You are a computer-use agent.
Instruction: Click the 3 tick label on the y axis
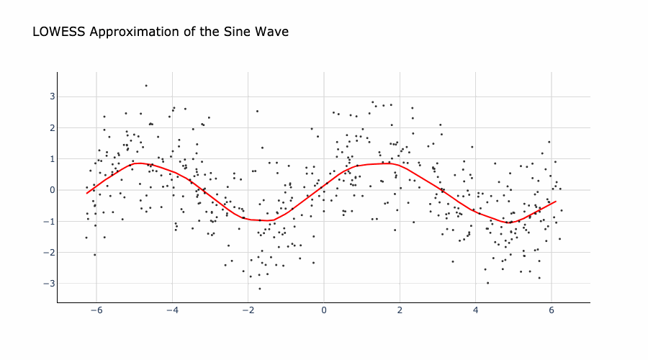[52, 96]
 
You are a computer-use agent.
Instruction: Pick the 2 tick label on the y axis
[52, 127]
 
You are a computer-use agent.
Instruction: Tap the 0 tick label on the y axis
[52, 190]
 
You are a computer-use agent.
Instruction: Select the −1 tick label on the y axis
[50, 221]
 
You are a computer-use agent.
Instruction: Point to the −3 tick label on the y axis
[50, 284]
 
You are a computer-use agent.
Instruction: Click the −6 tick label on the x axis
[96, 310]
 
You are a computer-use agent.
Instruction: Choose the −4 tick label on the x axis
[172, 310]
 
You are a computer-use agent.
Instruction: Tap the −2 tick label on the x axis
[248, 310]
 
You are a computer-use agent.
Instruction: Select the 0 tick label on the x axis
[324, 310]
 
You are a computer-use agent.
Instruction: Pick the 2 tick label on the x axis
[400, 310]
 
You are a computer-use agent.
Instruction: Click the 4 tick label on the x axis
[475, 310]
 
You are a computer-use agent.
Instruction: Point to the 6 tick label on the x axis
[552, 310]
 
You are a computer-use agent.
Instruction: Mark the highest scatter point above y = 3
[145, 86]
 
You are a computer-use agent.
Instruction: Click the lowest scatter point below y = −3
[260, 289]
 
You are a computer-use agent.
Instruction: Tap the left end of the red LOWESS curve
[86, 193]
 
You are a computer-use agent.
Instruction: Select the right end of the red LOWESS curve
[555, 202]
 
